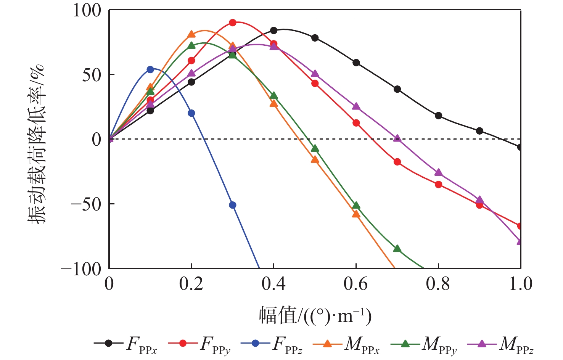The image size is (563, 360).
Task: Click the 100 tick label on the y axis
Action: [x=87, y=10]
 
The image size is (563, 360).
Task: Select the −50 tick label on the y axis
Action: [x=86, y=204]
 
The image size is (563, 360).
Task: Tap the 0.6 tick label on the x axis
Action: [x=356, y=284]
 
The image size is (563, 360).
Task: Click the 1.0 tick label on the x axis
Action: [x=520, y=284]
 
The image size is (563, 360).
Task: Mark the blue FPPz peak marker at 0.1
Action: [x=150, y=70]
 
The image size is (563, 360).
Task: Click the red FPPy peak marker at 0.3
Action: [x=233, y=22]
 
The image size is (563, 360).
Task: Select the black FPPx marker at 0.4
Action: [x=274, y=31]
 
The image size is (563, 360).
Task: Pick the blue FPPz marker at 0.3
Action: [x=233, y=205]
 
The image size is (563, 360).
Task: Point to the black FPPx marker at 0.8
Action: [x=438, y=116]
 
